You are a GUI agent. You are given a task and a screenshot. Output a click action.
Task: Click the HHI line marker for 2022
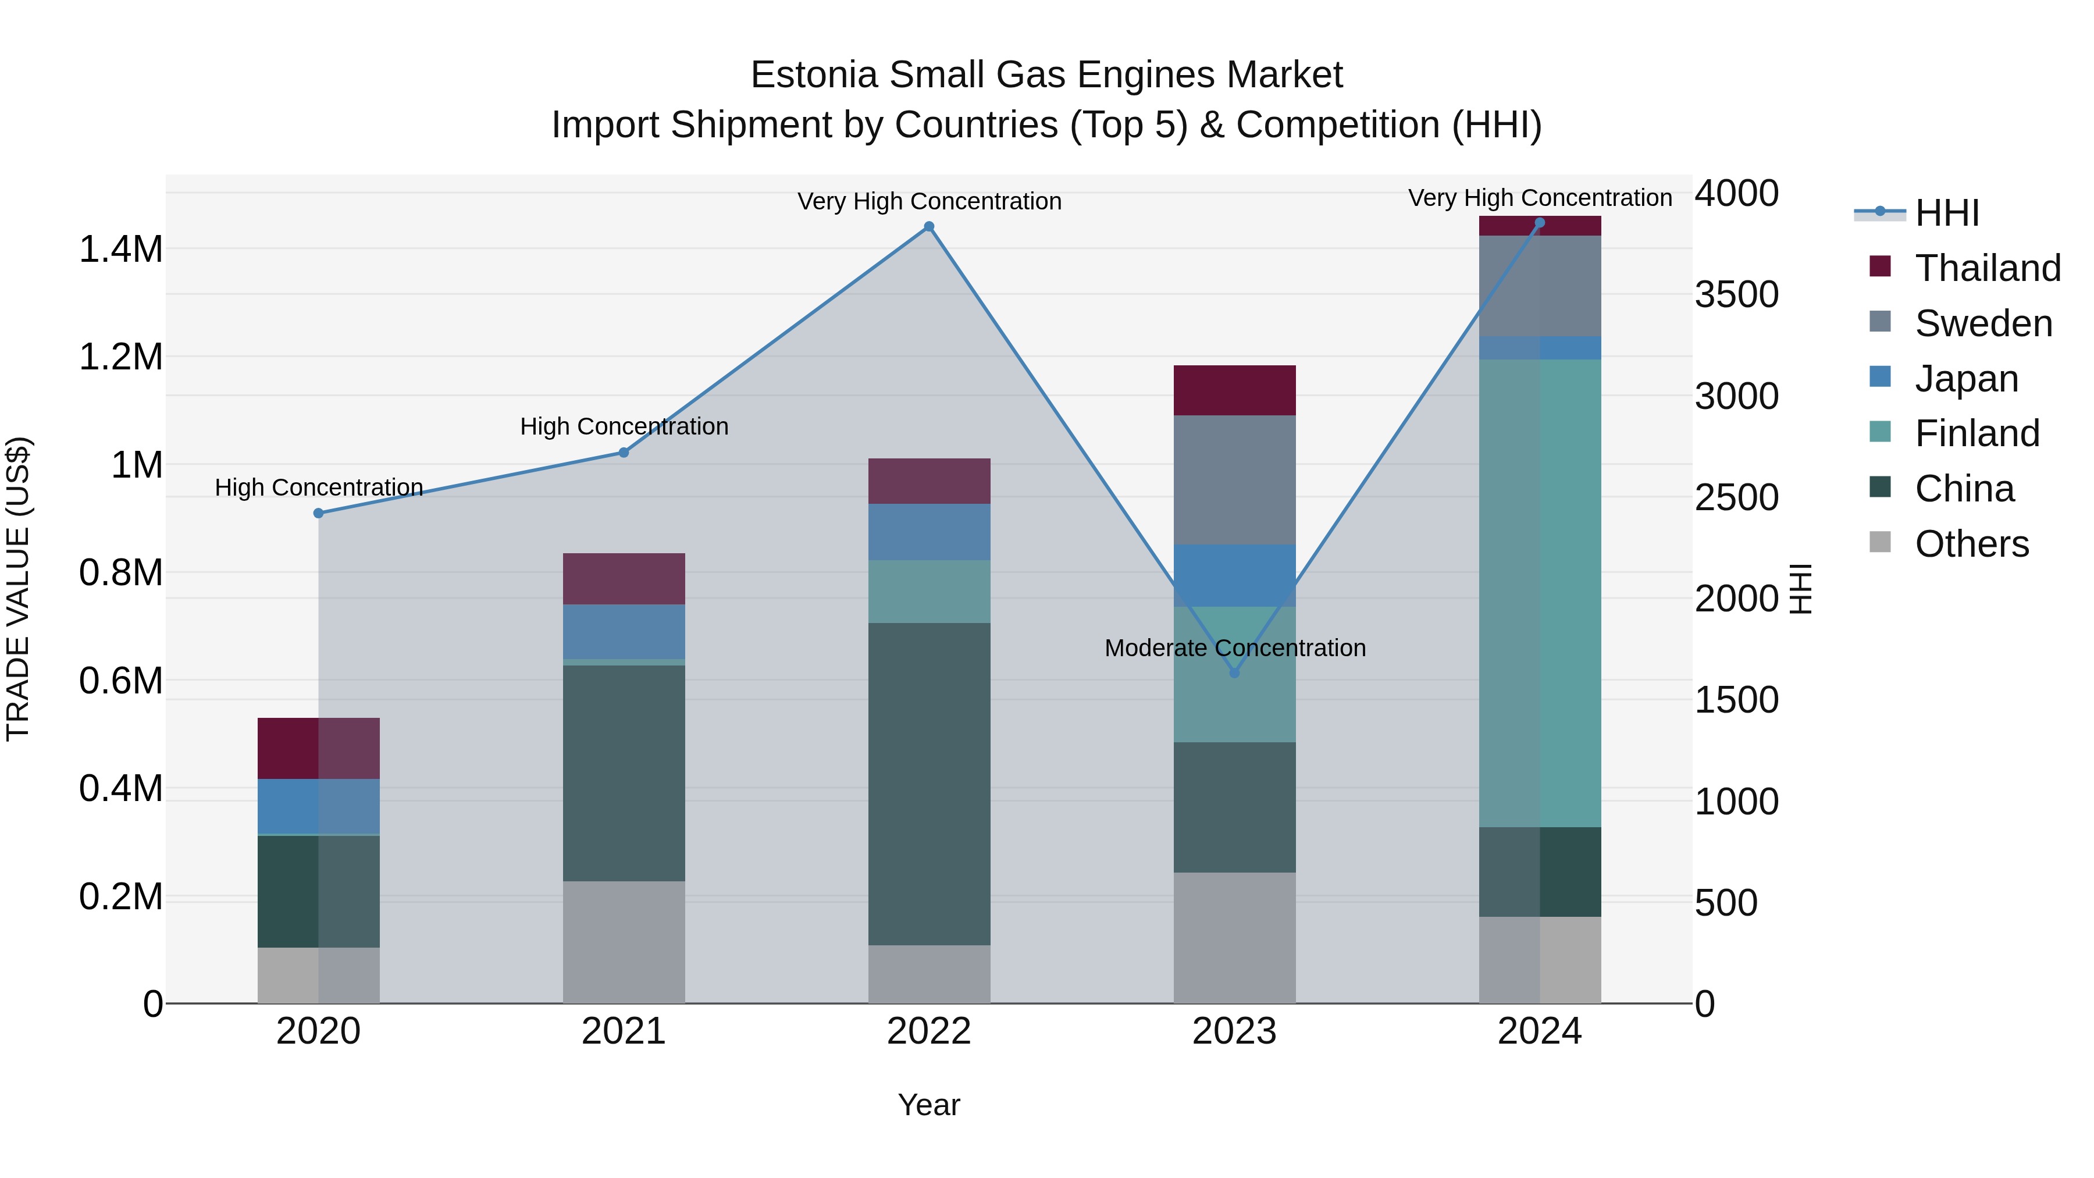tap(929, 227)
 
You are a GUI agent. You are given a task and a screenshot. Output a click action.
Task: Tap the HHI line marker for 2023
tap(1234, 673)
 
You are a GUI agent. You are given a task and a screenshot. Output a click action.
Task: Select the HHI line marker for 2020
tap(319, 513)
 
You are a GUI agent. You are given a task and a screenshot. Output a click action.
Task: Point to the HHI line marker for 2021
tap(624, 453)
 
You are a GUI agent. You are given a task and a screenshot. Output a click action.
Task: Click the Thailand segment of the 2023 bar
tap(1234, 390)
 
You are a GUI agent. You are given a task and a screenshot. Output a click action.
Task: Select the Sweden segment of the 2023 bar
tap(1234, 480)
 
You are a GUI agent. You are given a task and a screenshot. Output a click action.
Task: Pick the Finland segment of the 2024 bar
tap(1540, 593)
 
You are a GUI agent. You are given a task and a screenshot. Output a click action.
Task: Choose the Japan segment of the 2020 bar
tap(319, 806)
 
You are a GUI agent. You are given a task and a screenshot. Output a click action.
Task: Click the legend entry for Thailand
tap(1987, 268)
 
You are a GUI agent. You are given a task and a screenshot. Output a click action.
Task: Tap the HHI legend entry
tap(1946, 213)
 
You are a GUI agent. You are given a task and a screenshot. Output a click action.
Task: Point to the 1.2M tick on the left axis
tap(120, 358)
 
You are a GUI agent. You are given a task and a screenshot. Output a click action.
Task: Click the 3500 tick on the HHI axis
tap(1736, 295)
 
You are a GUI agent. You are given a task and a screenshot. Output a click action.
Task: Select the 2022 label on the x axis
tap(929, 1031)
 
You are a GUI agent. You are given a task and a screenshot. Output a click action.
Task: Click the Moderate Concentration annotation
tap(1234, 648)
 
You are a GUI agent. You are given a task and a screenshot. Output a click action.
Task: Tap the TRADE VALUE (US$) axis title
tap(18, 589)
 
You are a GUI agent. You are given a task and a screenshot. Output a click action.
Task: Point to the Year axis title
tap(928, 1105)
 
